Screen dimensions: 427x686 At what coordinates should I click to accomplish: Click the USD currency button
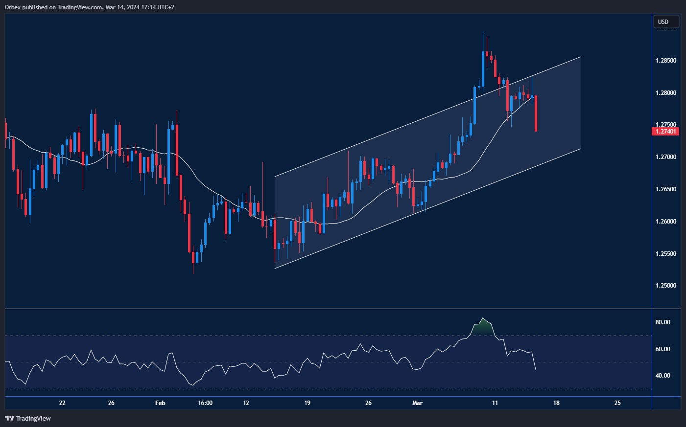(x=666, y=22)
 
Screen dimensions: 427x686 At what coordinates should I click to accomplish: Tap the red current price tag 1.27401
(x=667, y=131)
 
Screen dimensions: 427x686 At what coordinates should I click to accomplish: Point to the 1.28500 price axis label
(x=666, y=61)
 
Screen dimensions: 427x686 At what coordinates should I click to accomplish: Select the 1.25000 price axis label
(x=666, y=286)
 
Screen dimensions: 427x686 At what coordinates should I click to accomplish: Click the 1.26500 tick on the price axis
(x=666, y=189)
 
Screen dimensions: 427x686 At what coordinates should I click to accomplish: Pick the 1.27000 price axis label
(x=666, y=157)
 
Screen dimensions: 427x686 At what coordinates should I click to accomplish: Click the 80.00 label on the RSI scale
(x=663, y=322)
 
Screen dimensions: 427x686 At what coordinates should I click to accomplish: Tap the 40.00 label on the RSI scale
(x=663, y=376)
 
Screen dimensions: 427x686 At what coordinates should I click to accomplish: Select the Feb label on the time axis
(x=160, y=403)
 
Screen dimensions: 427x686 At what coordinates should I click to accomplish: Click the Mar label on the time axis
(x=417, y=403)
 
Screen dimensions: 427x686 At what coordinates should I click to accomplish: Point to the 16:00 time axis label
(x=205, y=403)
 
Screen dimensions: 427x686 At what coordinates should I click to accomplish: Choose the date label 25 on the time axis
(x=617, y=403)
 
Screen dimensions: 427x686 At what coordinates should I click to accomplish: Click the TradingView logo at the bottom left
(x=28, y=418)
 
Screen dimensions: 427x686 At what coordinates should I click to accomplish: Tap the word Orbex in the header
(x=13, y=7)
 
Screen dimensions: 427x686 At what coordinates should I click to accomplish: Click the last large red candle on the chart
(x=536, y=113)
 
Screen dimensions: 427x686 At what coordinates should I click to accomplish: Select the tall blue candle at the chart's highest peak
(x=483, y=68)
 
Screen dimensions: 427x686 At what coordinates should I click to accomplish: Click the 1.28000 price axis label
(x=666, y=93)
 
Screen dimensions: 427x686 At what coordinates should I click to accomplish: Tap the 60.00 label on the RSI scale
(x=663, y=349)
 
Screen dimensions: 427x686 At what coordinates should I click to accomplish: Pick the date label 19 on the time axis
(x=307, y=403)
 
